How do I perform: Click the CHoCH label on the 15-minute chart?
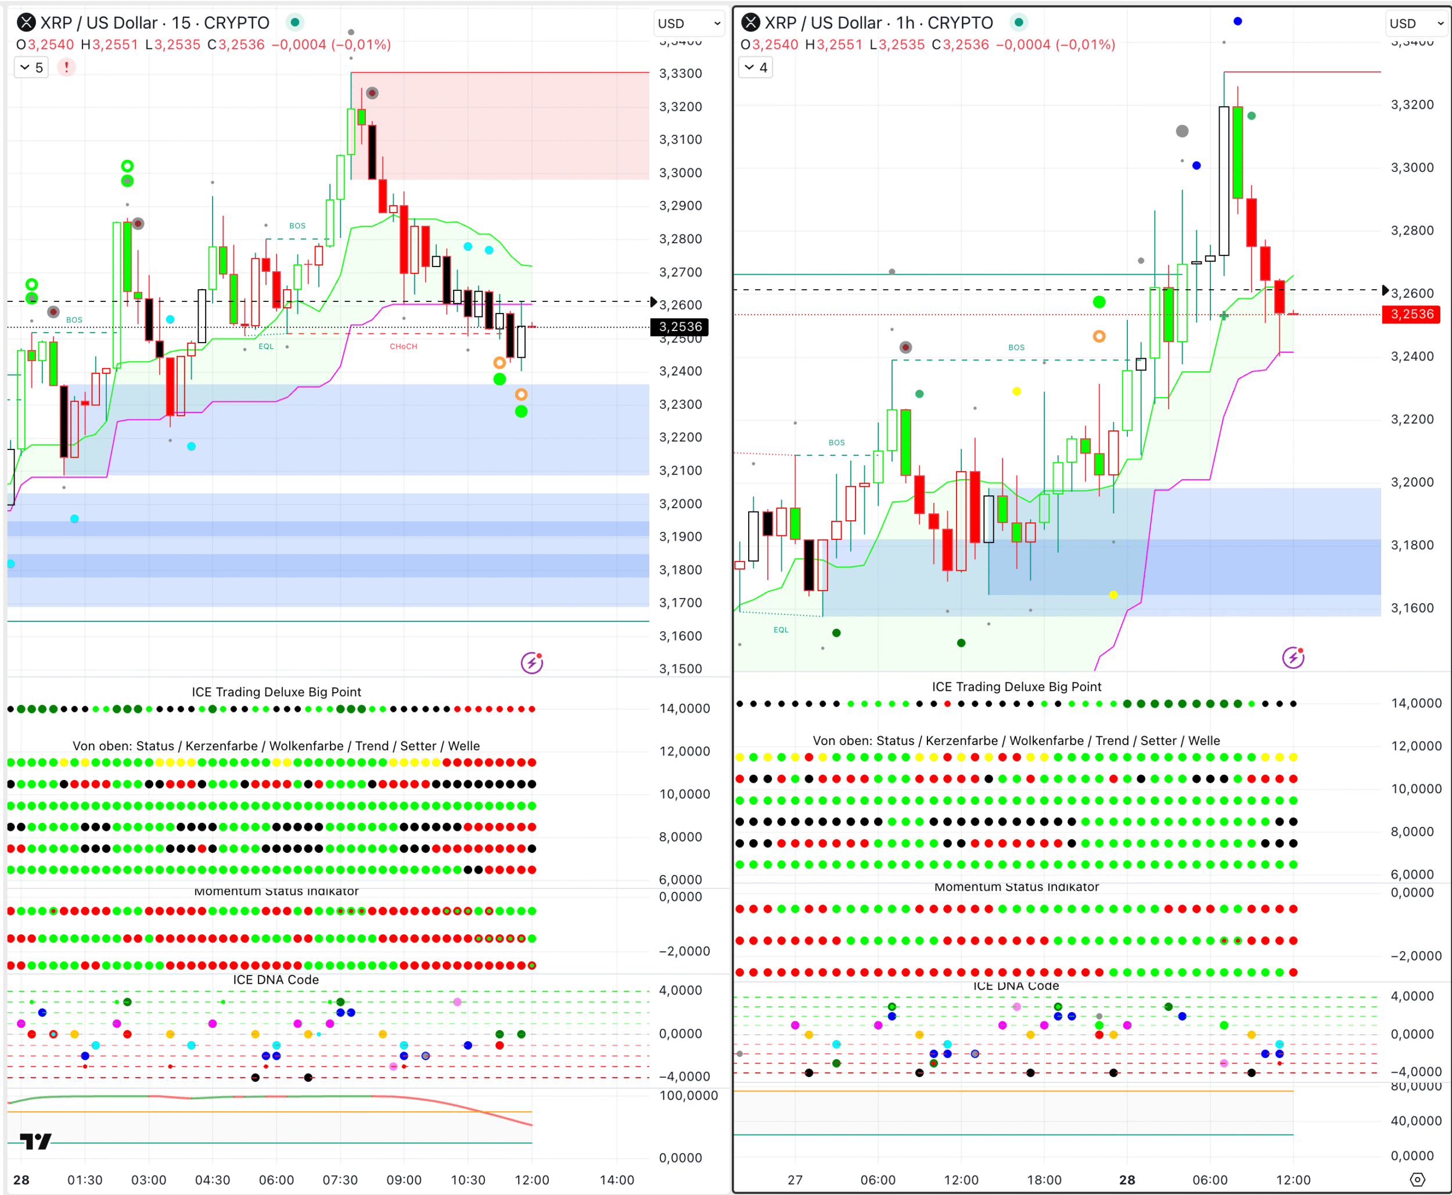click(404, 346)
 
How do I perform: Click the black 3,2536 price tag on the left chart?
click(680, 327)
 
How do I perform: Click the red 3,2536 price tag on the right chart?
click(1411, 315)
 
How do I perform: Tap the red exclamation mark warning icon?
click(66, 67)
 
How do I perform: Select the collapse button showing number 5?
click(32, 67)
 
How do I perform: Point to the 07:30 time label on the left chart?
click(340, 1180)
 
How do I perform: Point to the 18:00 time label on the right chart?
click(1044, 1180)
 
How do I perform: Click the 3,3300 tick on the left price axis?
click(680, 74)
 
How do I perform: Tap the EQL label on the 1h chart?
click(781, 630)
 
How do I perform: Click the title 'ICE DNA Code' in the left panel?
click(275, 980)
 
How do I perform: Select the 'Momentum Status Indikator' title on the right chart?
click(1016, 887)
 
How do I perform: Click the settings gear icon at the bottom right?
click(1418, 1180)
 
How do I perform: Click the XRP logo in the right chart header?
click(750, 23)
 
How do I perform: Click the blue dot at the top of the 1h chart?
click(1238, 21)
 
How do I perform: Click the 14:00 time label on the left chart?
click(616, 1180)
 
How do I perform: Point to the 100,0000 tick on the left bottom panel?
click(688, 1095)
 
